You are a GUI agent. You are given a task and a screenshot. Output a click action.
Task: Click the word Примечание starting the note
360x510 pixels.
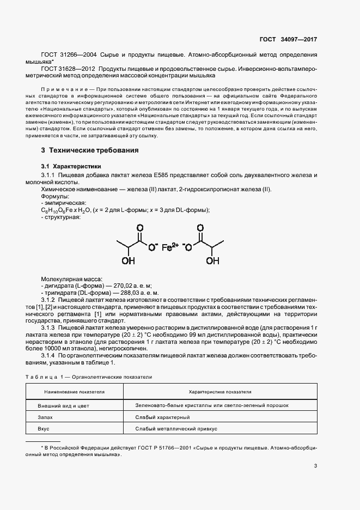[60, 89]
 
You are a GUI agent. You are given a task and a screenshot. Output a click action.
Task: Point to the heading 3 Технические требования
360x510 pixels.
[90, 150]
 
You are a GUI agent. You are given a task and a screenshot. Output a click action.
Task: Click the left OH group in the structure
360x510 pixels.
[128, 260]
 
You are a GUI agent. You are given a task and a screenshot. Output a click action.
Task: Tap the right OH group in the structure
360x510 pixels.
[212, 260]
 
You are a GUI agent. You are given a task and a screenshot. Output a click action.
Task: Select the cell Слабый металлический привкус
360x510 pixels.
[176, 429]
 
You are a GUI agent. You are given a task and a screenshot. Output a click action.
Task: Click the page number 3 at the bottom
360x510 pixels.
[315, 465]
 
